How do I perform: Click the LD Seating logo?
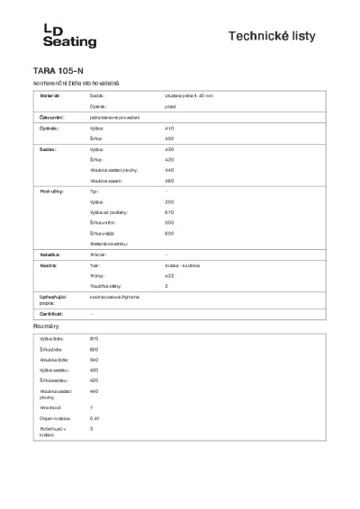(69, 36)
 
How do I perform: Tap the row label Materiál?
(50, 94)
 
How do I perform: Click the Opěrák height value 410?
(169, 129)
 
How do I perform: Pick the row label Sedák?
(49, 148)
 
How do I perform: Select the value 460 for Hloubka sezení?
(169, 181)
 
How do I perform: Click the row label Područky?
(51, 192)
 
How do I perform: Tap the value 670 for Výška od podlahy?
(169, 212)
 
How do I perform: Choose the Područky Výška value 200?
(169, 202)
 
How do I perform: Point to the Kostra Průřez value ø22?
(169, 276)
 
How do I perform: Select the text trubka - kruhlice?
(182, 266)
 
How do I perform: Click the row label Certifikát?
(51, 313)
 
